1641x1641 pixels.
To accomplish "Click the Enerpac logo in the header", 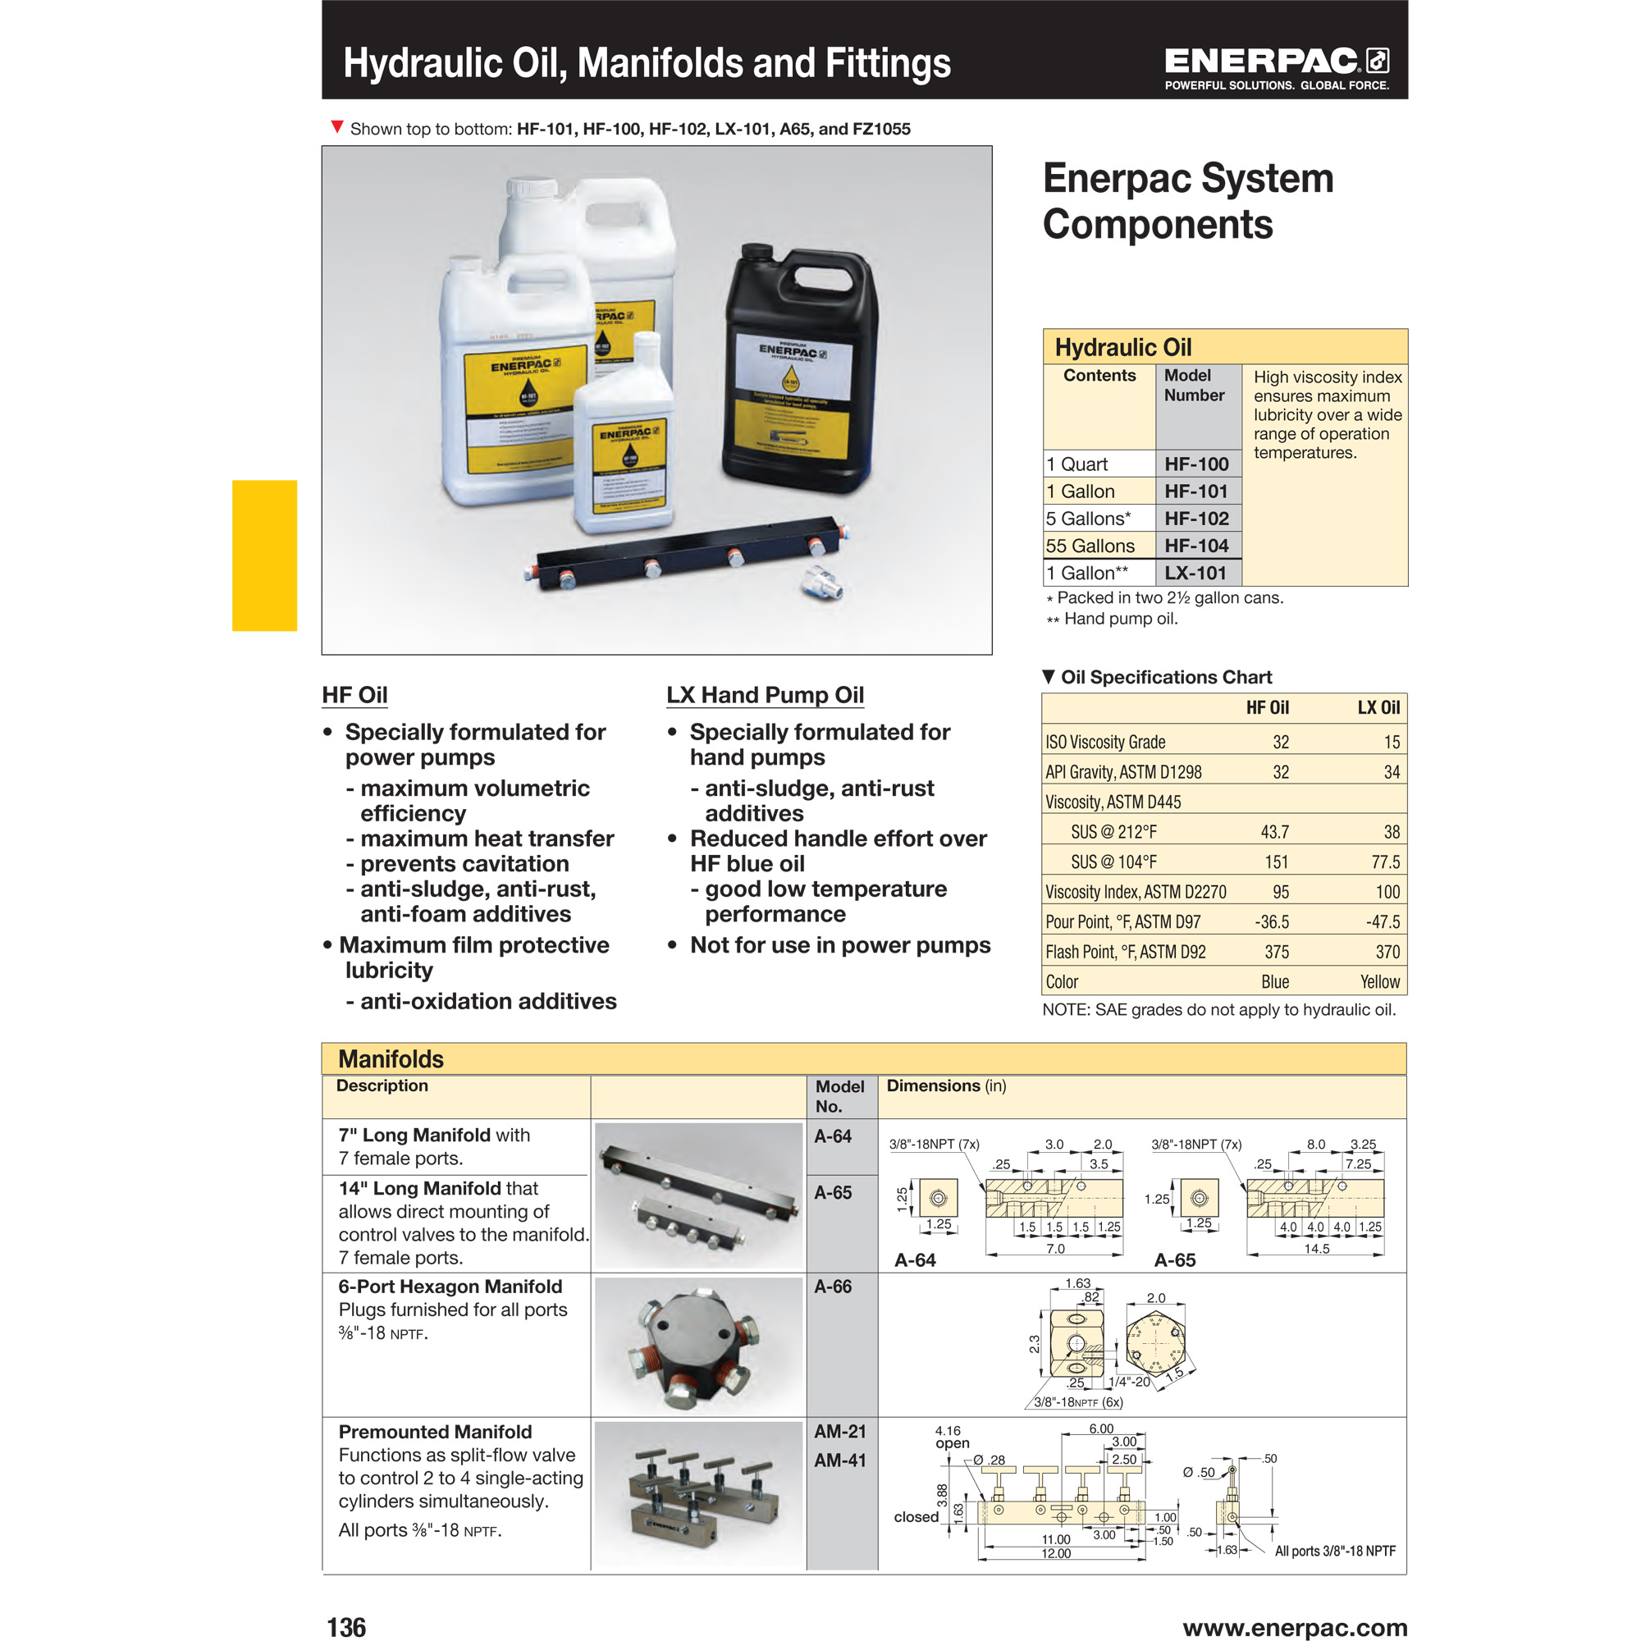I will [1276, 68].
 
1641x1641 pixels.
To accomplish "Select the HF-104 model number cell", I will [1196, 546].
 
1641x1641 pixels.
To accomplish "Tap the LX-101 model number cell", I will [1195, 574].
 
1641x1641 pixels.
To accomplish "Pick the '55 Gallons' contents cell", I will [1090, 546].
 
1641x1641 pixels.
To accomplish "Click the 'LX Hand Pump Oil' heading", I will [765, 695].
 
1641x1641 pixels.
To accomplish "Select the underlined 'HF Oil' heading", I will [354, 695].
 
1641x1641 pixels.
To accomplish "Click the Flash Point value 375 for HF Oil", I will [1277, 952].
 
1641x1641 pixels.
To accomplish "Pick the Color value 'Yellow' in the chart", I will [1379, 982].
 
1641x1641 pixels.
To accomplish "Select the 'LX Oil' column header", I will [1378, 707].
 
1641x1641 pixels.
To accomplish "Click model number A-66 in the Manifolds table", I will [832, 1287].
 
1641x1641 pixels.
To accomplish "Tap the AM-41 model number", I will [839, 1460].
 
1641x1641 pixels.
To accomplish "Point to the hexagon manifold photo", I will [698, 1345].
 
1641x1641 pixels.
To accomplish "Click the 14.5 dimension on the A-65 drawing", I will [1316, 1249].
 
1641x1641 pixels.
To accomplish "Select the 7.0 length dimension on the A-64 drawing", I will [1055, 1249].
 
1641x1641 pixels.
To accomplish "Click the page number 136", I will [346, 1626].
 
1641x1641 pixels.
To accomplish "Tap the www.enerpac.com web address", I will [1295, 1626].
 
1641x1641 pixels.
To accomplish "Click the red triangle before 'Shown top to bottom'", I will [336, 127].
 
